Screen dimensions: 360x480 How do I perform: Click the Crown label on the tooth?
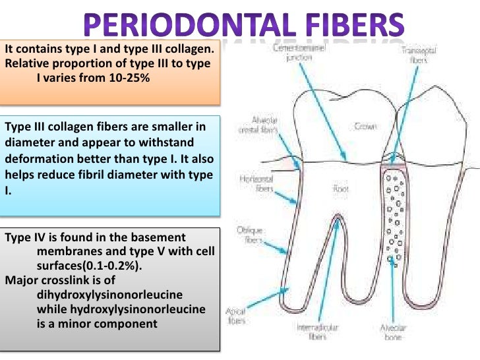click(x=365, y=126)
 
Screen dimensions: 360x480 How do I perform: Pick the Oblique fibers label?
click(x=251, y=236)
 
